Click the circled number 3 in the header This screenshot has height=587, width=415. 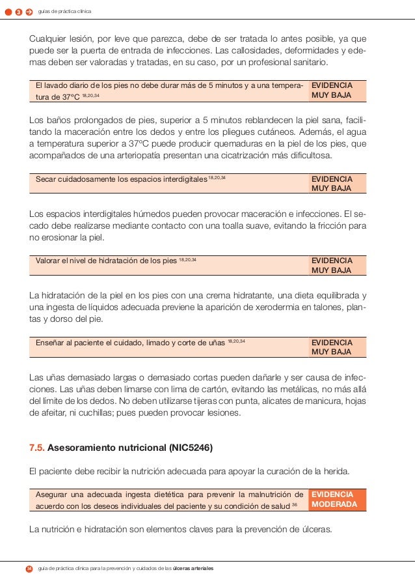(x=19, y=12)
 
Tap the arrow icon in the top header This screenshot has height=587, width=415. (x=29, y=12)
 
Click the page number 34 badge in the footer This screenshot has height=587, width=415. (x=29, y=569)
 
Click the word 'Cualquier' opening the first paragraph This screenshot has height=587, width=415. (x=48, y=39)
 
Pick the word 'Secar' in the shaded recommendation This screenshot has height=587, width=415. (x=47, y=179)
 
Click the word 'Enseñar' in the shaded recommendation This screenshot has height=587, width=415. (x=52, y=343)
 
